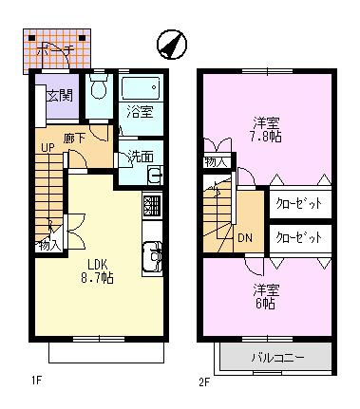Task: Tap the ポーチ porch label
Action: [59, 50]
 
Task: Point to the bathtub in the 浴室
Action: [142, 90]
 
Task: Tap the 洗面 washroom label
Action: [140, 157]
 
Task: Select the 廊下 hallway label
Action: [76, 139]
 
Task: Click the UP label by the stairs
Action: [47, 148]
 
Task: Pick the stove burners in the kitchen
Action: [151, 205]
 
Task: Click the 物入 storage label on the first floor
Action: [47, 245]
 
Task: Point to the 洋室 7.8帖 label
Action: [265, 128]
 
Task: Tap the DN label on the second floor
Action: [244, 237]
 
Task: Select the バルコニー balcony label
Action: [276, 358]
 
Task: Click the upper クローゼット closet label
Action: [299, 203]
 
